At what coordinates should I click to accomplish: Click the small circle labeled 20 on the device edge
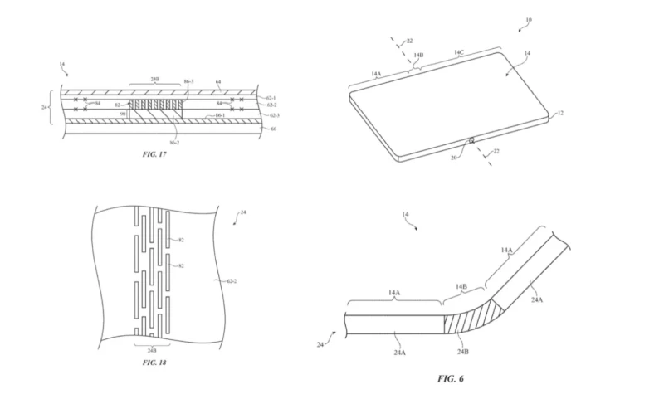(471, 140)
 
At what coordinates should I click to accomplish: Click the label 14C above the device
(458, 51)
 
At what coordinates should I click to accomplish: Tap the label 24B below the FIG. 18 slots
(150, 348)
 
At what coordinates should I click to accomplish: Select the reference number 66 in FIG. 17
(276, 130)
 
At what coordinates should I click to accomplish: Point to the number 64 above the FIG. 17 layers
(217, 82)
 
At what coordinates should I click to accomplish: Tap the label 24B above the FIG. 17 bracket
(154, 80)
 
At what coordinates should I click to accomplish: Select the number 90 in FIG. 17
(123, 113)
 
